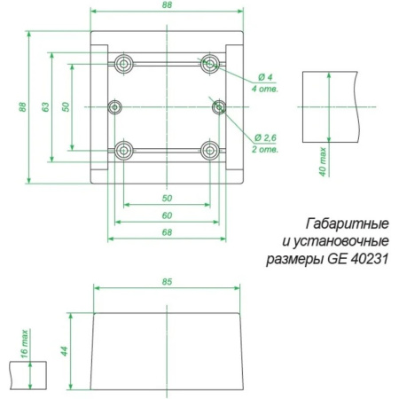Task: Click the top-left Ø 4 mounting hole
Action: point(124,64)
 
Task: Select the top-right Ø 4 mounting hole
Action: point(210,64)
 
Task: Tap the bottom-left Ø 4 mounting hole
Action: point(124,151)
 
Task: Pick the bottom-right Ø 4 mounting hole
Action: point(210,151)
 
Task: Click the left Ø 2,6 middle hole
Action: point(115,107)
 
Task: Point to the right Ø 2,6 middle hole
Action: point(219,107)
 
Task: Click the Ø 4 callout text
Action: point(265,77)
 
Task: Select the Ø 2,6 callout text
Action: point(265,137)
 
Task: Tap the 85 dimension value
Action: point(167,282)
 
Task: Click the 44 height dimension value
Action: point(65,351)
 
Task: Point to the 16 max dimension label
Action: point(25,344)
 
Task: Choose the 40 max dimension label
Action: point(323,161)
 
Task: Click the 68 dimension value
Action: point(167,232)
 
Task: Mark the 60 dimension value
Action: point(167,215)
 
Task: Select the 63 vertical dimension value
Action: point(44,107)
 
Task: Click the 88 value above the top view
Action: point(167,5)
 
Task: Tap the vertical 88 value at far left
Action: point(22,107)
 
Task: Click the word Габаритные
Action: point(348,224)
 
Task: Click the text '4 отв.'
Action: point(265,89)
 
